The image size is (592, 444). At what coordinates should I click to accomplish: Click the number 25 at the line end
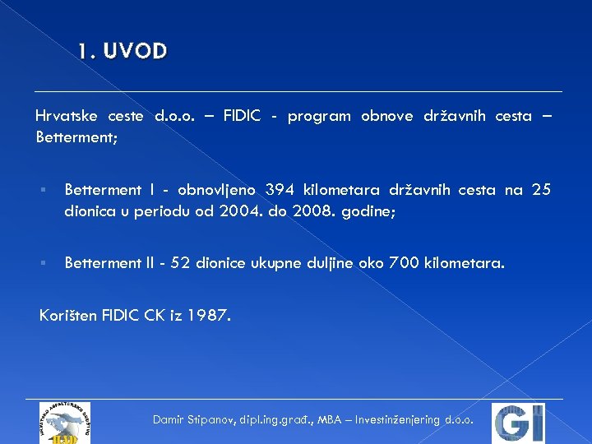(541, 191)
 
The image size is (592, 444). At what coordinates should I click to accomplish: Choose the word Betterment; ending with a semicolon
(77, 137)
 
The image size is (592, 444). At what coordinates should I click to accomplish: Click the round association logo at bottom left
(64, 423)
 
